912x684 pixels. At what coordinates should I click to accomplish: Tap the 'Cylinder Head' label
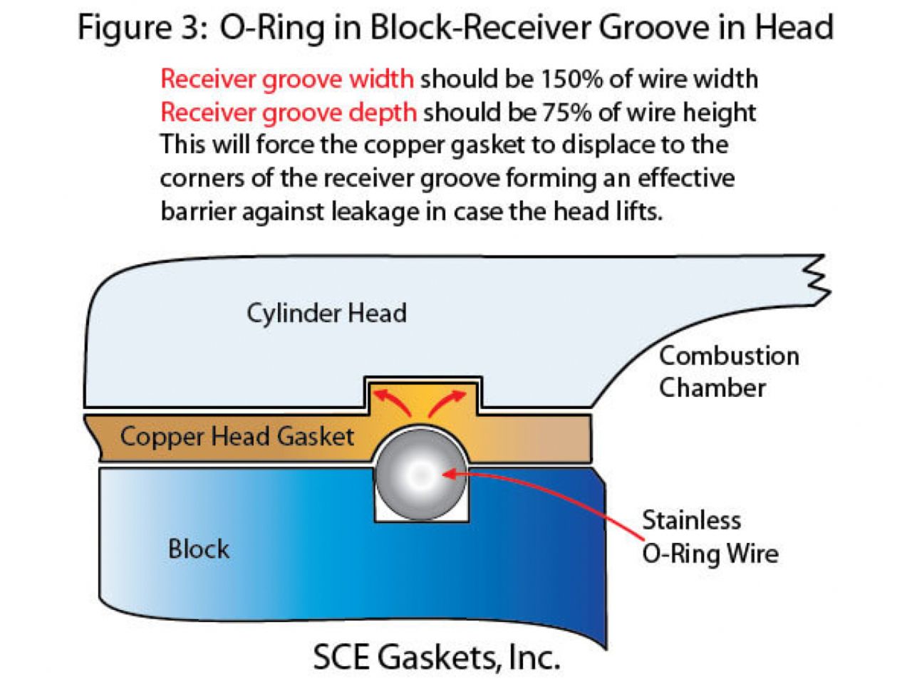(326, 313)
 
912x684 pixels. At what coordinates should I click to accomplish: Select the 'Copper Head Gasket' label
(237, 436)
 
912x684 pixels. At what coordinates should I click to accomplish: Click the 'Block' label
(199, 549)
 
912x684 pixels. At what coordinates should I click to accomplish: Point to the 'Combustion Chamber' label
(728, 372)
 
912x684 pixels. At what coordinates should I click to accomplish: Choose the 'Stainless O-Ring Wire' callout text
(710, 537)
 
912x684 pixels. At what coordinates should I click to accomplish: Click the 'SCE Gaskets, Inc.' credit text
(436, 657)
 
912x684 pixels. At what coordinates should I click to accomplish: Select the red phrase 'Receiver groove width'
(286, 78)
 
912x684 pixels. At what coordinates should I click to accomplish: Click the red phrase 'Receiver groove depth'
(288, 112)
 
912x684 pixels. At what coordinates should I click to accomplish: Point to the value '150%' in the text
(571, 78)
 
